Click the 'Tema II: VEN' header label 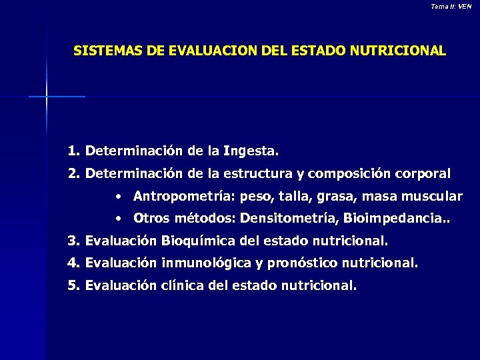pyautogui.click(x=451, y=6)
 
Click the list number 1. pyautogui.click(x=73, y=151)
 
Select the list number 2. pyautogui.click(x=73, y=174)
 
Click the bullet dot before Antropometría pyautogui.click(x=117, y=197)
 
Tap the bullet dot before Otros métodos pyautogui.click(x=117, y=219)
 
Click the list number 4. pyautogui.click(x=73, y=263)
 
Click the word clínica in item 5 pyautogui.click(x=181, y=286)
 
